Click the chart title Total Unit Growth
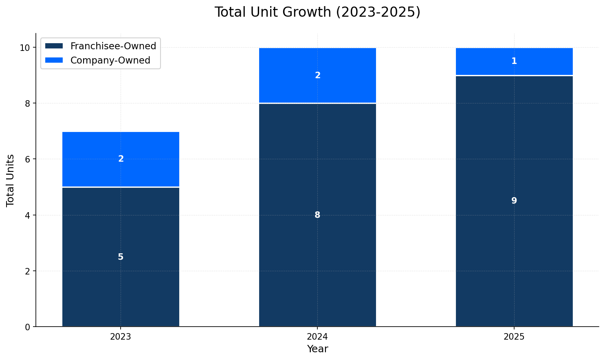point(317,12)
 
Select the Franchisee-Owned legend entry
point(113,46)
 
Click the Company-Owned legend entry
point(110,60)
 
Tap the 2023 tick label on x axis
point(121,337)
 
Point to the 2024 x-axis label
point(317,337)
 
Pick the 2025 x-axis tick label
point(514,337)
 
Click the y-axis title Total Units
point(11,180)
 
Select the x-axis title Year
point(317,349)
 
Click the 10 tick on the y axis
point(25,48)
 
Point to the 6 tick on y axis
point(28,159)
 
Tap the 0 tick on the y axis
point(28,327)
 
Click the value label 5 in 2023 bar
point(121,257)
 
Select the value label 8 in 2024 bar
point(317,215)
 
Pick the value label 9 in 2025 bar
point(514,201)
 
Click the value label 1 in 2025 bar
point(514,61)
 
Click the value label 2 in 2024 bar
point(317,75)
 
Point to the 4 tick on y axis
point(28,215)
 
